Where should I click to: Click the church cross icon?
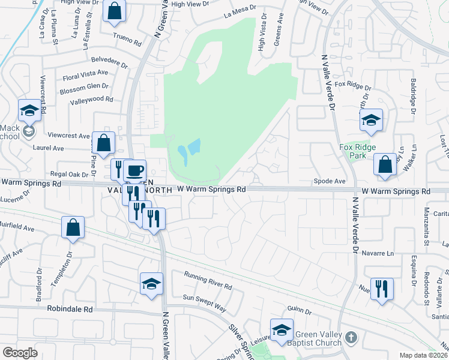[x=352, y=338]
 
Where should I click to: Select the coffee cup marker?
[x=136, y=170]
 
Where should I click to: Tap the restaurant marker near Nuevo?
[x=381, y=289]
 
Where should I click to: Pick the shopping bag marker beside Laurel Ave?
[x=104, y=143]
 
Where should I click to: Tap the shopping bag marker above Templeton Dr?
[x=73, y=227]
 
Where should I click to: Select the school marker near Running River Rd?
[x=151, y=284]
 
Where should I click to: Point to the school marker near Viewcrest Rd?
[x=29, y=110]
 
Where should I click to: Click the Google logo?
[x=20, y=353]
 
